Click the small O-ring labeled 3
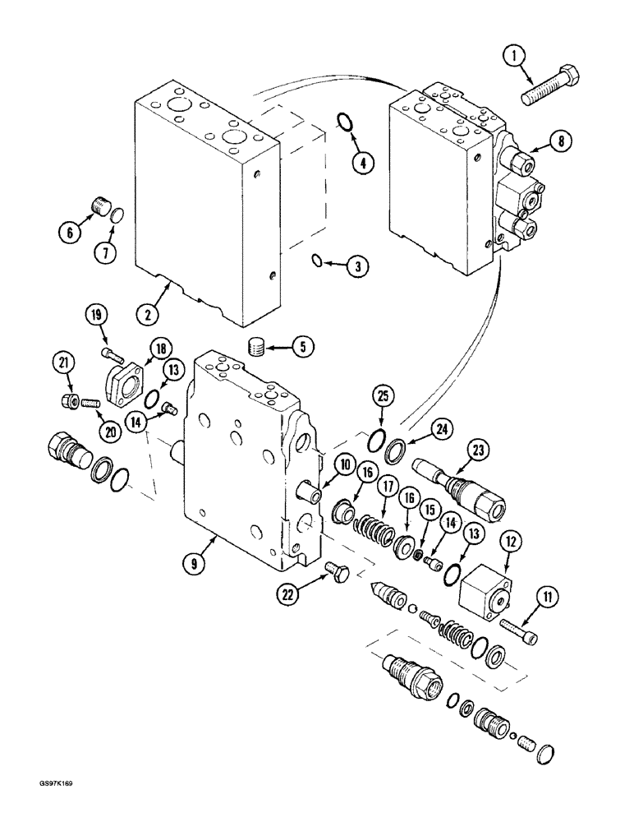pos(316,261)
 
